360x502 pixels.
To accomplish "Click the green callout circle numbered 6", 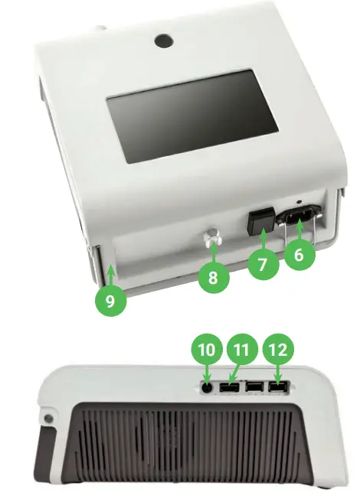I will tap(299, 256).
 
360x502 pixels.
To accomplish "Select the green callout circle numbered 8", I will tap(213, 278).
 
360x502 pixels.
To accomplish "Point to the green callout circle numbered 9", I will tap(111, 299).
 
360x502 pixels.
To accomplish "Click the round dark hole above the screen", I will tap(164, 39).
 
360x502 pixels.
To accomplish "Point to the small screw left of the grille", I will tap(49, 419).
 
